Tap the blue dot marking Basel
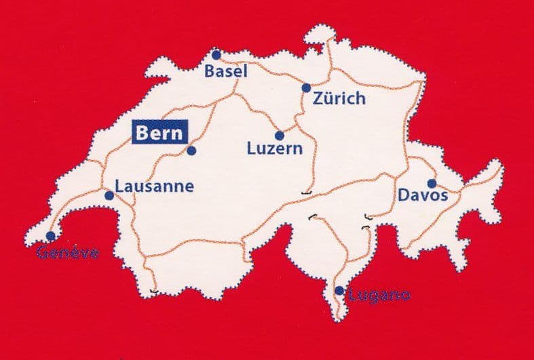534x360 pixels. [216, 54]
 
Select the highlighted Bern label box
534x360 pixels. [159, 133]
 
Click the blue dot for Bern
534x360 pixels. [191, 151]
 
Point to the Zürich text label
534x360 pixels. [339, 99]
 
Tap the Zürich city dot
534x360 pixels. [306, 87]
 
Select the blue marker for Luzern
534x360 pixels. [279, 135]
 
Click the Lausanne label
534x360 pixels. [154, 186]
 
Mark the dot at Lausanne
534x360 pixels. [109, 195]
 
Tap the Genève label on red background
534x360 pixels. [68, 254]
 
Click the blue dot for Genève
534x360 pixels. [50, 236]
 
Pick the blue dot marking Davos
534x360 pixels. [431, 183]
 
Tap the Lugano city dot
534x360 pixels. [339, 291]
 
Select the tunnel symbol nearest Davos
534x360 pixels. [368, 217]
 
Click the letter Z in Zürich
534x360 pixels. [318, 99]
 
